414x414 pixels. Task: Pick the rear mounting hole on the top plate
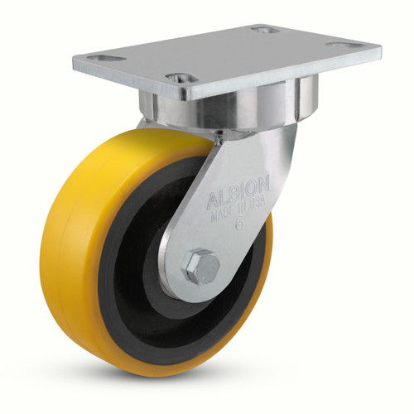(x=264, y=30)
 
